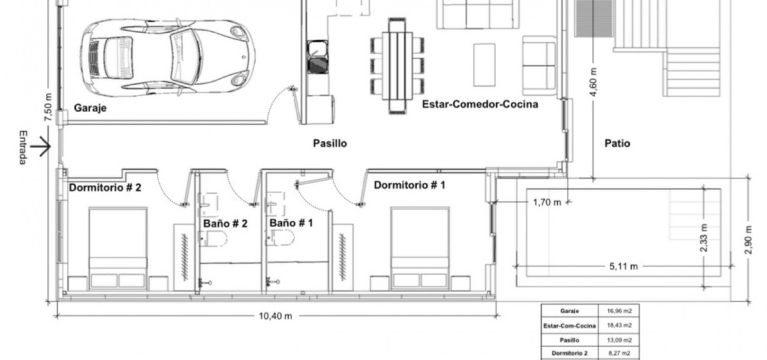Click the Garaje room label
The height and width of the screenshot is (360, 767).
(x=90, y=108)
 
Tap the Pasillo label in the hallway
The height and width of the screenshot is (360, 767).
(x=330, y=143)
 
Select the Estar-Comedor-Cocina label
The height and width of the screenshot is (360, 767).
(x=480, y=104)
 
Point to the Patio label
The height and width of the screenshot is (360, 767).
(x=617, y=143)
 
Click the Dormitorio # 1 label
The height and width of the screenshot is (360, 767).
(x=410, y=185)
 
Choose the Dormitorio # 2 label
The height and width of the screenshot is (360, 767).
(x=105, y=188)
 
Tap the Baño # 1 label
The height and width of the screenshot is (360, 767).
(x=291, y=223)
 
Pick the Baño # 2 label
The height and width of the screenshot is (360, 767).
(x=225, y=224)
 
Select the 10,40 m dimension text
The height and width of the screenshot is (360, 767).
(x=275, y=316)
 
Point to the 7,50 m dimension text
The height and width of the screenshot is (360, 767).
(x=48, y=107)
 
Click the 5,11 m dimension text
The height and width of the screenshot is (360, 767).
(x=624, y=266)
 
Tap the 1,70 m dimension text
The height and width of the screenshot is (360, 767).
(x=547, y=202)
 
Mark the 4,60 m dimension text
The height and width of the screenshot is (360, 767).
(x=594, y=82)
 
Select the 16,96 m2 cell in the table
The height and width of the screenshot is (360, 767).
(x=619, y=311)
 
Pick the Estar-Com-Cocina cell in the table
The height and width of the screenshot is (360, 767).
(x=570, y=326)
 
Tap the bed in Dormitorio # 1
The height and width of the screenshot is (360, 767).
(x=420, y=248)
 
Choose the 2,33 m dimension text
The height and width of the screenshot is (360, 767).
(x=704, y=237)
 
